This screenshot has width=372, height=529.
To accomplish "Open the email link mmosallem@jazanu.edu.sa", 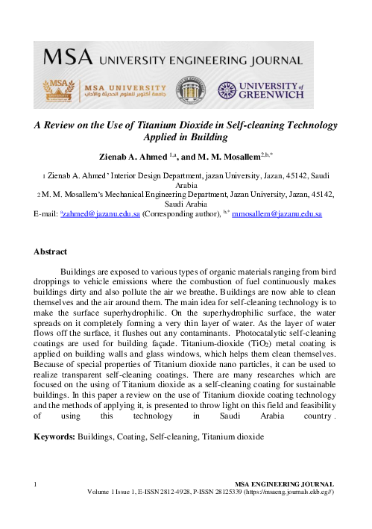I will (277, 214).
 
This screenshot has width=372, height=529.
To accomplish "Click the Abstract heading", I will (51, 251).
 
